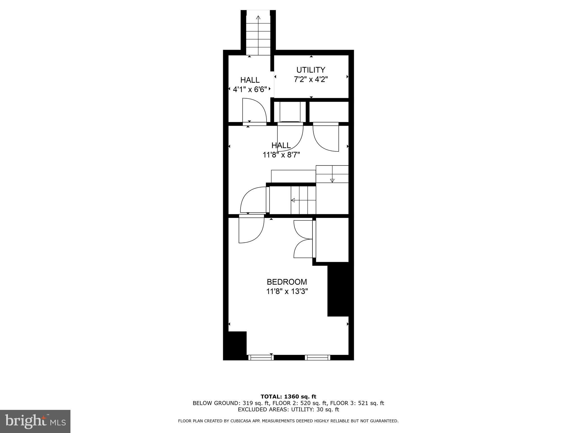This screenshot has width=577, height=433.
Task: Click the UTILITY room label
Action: (x=311, y=70)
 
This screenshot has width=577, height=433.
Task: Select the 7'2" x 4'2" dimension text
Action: (x=311, y=79)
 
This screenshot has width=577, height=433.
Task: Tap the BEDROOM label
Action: (x=287, y=282)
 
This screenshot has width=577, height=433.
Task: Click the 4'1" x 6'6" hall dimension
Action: (x=250, y=90)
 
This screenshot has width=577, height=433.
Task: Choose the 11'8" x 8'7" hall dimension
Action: (x=281, y=155)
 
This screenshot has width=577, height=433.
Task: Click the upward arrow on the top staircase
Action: (x=258, y=17)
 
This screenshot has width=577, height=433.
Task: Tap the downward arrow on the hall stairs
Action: (x=332, y=180)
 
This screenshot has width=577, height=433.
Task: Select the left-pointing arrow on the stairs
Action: (x=293, y=200)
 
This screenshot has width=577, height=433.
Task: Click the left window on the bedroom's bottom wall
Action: (x=261, y=357)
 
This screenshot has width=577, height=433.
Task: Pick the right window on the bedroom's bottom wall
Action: (x=318, y=357)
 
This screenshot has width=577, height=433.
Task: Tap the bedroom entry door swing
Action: (x=251, y=229)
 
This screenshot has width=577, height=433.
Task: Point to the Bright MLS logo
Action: (x=35, y=421)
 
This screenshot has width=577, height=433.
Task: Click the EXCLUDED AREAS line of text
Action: (x=288, y=409)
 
